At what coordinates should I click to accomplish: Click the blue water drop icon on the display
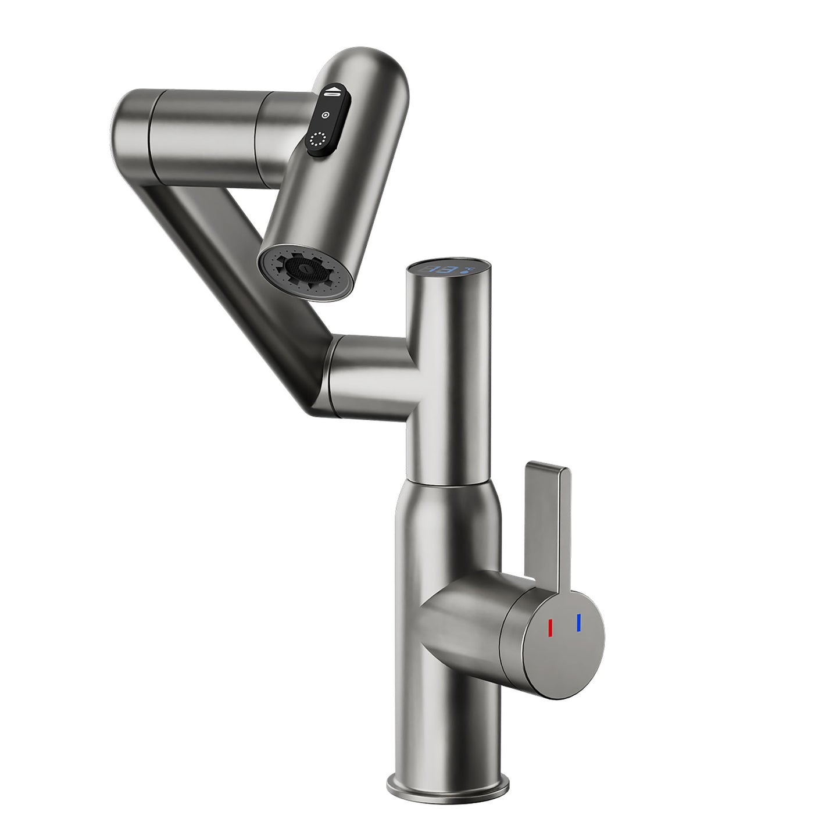pyautogui.click(x=466, y=269)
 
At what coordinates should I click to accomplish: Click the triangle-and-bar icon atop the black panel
pyautogui.click(x=331, y=92)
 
